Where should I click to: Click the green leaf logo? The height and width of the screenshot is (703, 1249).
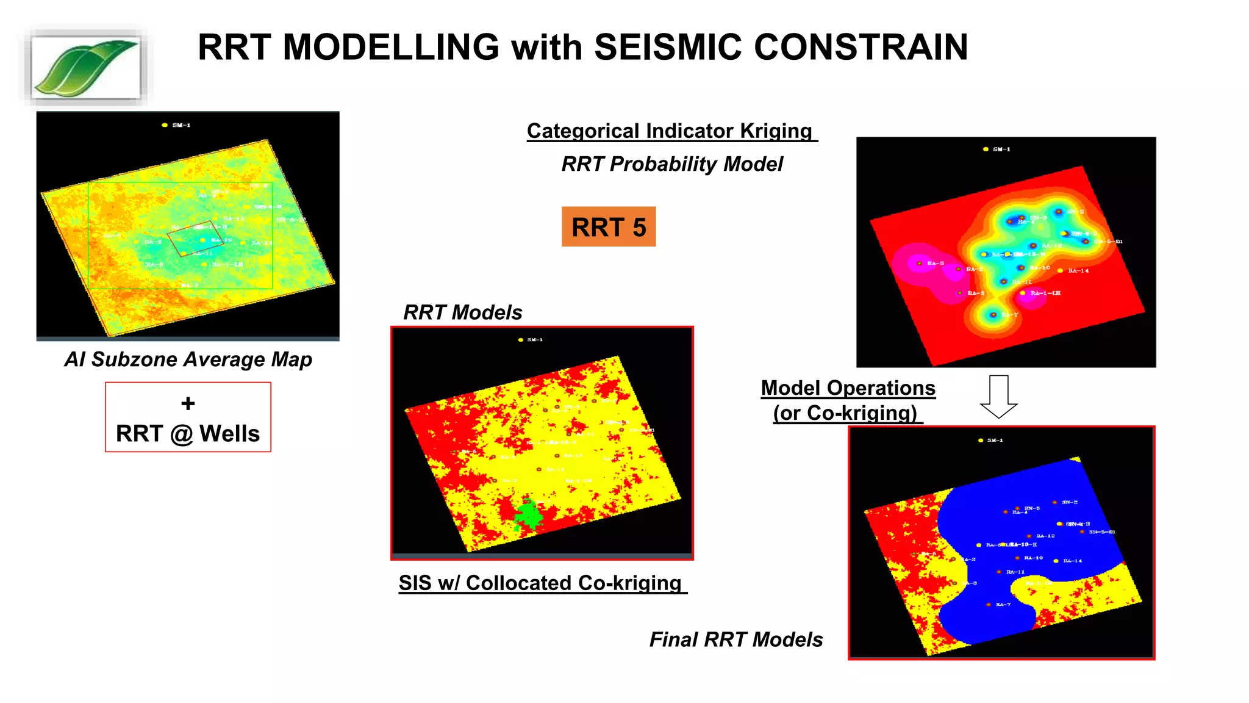pyautogui.click(x=86, y=67)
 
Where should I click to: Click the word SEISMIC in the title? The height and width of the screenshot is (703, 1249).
pyautogui.click(x=668, y=48)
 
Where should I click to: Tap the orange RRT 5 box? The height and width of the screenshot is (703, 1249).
pyautogui.click(x=608, y=227)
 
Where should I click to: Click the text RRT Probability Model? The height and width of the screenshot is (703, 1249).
pyautogui.click(x=671, y=164)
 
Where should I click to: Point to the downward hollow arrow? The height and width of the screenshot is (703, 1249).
pyautogui.click(x=998, y=397)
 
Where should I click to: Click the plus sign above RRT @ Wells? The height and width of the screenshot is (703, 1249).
pyautogui.click(x=188, y=403)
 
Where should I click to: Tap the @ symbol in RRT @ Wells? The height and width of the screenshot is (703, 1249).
pyautogui.click(x=181, y=434)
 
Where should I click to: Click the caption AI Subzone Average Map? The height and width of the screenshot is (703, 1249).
pyautogui.click(x=188, y=359)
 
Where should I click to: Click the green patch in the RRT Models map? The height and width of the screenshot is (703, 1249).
pyautogui.click(x=528, y=514)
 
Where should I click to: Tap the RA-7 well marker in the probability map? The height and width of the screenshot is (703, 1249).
pyautogui.click(x=993, y=315)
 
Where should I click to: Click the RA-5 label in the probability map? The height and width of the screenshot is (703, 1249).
pyautogui.click(x=936, y=264)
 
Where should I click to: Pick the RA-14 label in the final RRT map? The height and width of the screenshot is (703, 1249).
pyautogui.click(x=1072, y=561)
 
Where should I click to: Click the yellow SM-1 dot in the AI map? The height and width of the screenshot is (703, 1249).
pyautogui.click(x=165, y=125)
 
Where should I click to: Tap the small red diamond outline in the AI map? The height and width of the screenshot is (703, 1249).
pyautogui.click(x=191, y=238)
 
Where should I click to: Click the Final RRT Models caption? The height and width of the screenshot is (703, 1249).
pyautogui.click(x=735, y=640)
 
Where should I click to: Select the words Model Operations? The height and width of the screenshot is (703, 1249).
pyautogui.click(x=848, y=388)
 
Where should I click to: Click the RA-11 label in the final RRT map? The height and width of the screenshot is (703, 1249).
pyautogui.click(x=1015, y=572)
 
